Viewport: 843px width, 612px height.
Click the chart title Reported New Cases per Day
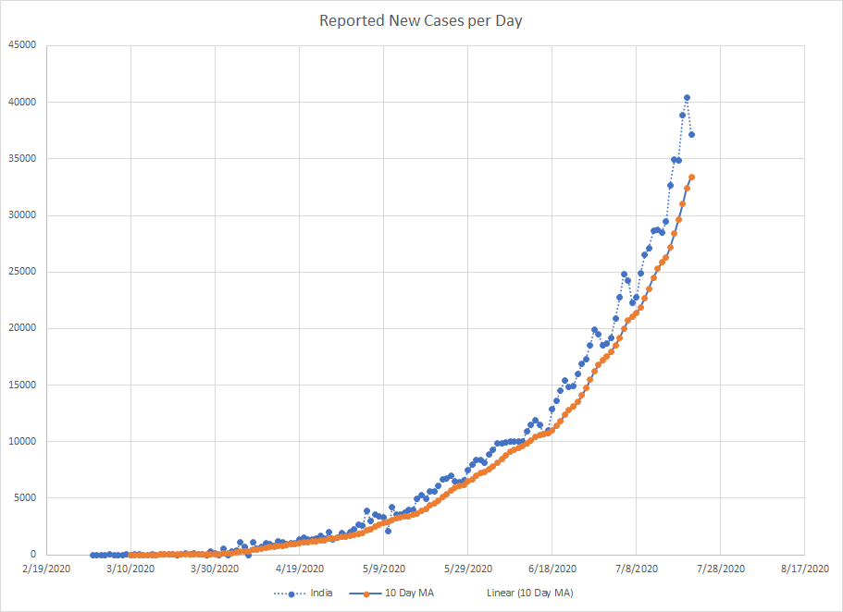(x=421, y=20)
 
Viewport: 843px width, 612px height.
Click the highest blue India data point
(x=687, y=98)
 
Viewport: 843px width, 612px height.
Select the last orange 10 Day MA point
(x=691, y=177)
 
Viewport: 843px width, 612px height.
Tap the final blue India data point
(x=691, y=135)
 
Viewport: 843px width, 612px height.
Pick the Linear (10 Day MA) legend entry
(x=529, y=592)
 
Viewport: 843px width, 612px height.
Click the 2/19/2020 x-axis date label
(x=46, y=569)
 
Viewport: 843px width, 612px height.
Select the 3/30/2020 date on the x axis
(x=215, y=569)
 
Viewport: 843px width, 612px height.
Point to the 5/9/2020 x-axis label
(x=383, y=569)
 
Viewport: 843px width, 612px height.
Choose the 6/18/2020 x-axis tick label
(x=552, y=569)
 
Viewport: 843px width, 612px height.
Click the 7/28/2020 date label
(x=720, y=569)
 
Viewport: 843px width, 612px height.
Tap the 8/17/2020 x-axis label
(x=805, y=569)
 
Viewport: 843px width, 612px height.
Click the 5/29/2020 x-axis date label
(x=467, y=569)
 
